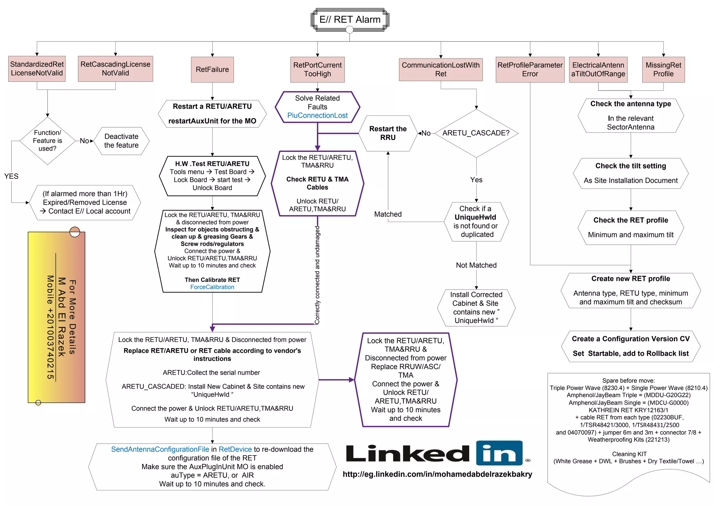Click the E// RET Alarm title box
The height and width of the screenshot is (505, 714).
point(350,20)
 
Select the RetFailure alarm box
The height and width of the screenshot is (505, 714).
point(212,69)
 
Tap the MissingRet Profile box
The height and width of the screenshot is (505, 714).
point(663,69)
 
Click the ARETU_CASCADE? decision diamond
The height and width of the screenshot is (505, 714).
point(476,133)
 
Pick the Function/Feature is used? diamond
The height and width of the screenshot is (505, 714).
point(47,140)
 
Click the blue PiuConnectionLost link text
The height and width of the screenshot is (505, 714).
point(317,115)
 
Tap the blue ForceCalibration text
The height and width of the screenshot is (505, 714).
point(212,287)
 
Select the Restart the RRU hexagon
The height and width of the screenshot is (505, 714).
point(388,133)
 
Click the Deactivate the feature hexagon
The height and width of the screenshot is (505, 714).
point(121,141)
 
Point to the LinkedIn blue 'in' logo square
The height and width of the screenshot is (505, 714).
point(499,453)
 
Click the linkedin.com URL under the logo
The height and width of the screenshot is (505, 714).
point(437,474)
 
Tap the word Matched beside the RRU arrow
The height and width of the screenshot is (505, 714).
point(388,214)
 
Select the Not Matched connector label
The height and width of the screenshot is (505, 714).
point(476,265)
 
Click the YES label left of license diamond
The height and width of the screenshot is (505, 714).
point(11,176)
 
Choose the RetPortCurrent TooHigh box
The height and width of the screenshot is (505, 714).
point(317,69)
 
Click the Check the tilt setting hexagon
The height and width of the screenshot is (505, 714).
point(630,173)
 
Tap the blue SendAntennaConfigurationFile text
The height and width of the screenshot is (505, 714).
point(160,449)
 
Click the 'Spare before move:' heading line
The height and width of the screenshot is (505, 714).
point(628,381)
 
